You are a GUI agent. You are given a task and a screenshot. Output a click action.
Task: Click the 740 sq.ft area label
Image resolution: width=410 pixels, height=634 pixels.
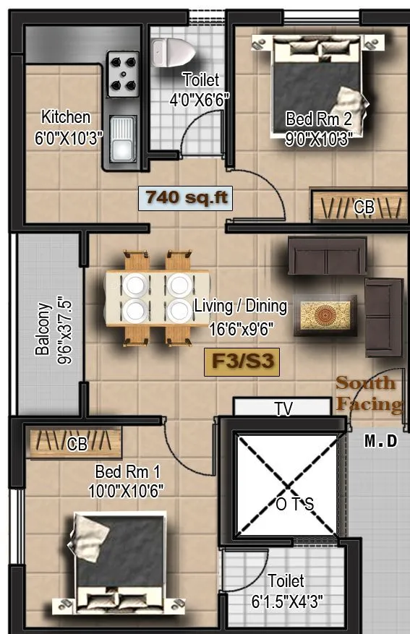point(186,197)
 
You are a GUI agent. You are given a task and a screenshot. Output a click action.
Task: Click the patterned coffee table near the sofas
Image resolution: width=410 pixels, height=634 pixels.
point(325,315)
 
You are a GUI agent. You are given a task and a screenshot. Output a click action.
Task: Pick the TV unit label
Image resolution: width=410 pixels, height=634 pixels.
point(283,409)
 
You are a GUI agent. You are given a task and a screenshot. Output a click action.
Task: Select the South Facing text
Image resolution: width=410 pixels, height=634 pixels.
point(368,394)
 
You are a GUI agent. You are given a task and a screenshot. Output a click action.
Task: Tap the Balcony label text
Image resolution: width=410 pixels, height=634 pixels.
point(43,329)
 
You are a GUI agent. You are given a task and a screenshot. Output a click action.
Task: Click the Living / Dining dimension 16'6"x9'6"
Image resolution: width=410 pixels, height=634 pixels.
point(241,330)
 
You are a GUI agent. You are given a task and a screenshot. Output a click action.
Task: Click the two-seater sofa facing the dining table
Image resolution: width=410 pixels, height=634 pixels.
point(327,256)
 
